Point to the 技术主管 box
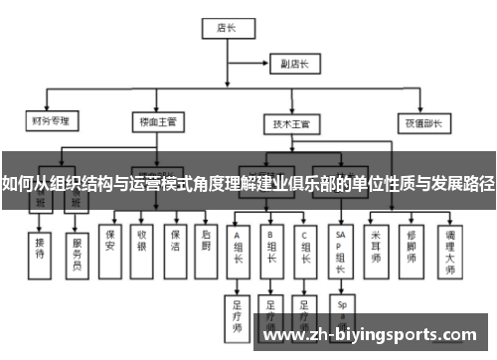pyautogui.click(x=291, y=125)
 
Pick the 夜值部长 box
pyautogui.click(x=421, y=123)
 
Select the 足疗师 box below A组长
pyautogui.click(x=238, y=314)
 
